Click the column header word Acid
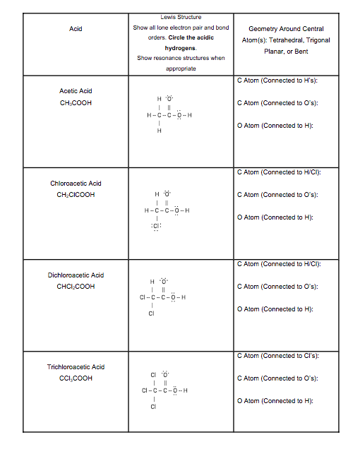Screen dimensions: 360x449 (x=76, y=29)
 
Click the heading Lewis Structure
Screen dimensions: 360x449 (x=181, y=17)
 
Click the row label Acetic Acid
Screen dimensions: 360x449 (x=76, y=91)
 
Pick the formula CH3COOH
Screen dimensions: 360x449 (x=76, y=103)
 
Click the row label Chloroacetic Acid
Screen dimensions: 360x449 (x=76, y=184)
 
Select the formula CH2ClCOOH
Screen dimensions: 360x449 (x=76, y=195)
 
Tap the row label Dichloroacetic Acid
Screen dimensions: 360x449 (x=76, y=275)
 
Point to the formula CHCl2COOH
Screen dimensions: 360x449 (x=76, y=287)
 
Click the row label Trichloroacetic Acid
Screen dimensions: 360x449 (x=76, y=367)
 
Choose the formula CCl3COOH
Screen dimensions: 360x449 (x=76, y=378)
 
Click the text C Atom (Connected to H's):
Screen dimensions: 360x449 (x=276, y=80)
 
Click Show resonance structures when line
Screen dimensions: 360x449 (x=181, y=58)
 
